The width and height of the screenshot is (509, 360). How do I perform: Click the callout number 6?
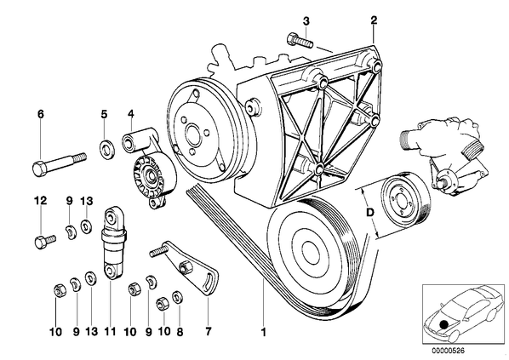click(x=40, y=114)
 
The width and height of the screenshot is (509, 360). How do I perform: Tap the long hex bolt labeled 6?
click(x=60, y=163)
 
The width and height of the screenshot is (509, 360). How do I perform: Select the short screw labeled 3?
click(x=300, y=41)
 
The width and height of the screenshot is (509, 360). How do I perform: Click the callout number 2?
click(x=374, y=20)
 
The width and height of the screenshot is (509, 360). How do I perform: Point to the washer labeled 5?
click(x=106, y=148)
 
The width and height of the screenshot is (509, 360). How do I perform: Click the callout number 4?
click(x=131, y=113)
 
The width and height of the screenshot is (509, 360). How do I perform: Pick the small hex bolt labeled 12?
click(x=45, y=241)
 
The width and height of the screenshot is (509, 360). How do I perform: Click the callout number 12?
click(x=41, y=201)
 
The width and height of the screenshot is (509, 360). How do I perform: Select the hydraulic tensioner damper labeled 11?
click(x=112, y=243)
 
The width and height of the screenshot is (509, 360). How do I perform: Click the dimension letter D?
click(x=370, y=213)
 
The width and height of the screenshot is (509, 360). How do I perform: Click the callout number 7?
click(x=208, y=331)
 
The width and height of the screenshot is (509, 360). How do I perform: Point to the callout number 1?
click(x=264, y=332)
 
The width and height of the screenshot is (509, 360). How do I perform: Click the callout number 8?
click(x=180, y=331)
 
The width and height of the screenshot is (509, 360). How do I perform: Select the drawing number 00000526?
click(x=448, y=351)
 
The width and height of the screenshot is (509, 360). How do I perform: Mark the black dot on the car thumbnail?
click(x=443, y=324)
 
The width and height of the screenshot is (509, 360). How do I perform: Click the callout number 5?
click(x=104, y=114)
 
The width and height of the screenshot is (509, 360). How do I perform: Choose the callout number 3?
click(x=306, y=21)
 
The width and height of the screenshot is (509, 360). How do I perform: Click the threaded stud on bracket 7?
click(x=158, y=251)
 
